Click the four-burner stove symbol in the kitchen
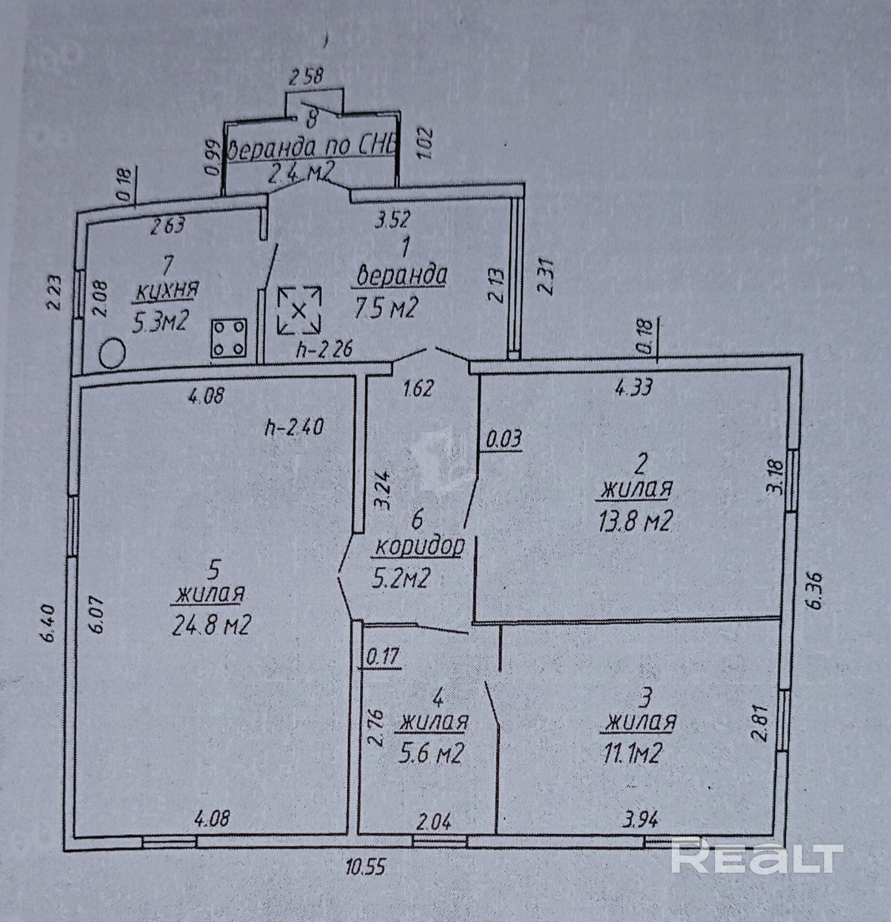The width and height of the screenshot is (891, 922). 229,338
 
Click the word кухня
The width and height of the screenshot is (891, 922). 167,291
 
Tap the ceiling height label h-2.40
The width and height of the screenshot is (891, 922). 294,427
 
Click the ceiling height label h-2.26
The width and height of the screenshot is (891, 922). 324,349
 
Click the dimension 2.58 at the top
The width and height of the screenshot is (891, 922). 306,77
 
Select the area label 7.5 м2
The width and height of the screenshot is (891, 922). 385,308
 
